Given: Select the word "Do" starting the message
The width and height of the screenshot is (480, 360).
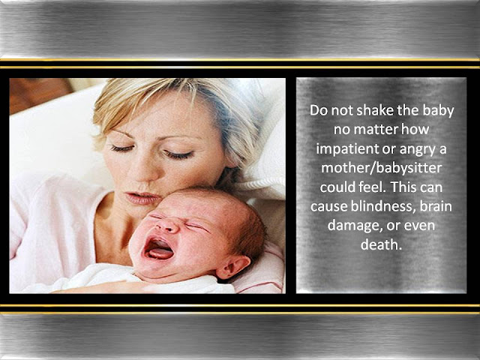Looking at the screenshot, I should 318,111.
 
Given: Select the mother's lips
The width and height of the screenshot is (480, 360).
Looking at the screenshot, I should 142,199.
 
